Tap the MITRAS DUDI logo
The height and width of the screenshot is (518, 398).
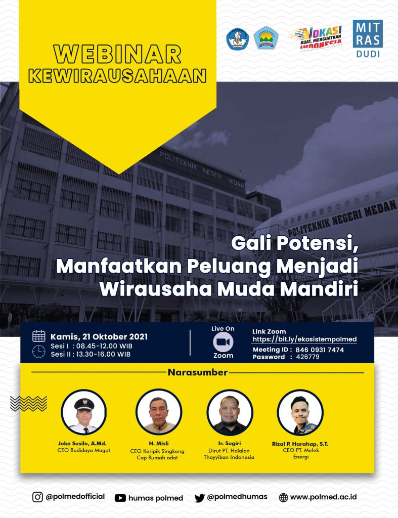coord(368,38)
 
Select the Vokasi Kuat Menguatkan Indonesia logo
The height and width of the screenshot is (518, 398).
coord(316,38)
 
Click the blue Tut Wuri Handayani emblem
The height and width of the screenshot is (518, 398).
coord(237,39)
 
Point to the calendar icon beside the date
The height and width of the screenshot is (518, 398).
coord(38,336)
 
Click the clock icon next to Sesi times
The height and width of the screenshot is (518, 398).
coord(38,352)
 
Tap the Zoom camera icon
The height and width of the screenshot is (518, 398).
coord(223,342)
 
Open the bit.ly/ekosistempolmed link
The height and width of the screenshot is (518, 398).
coord(304,339)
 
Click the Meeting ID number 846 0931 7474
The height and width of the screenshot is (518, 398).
coord(320,350)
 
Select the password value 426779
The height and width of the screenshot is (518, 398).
coord(307,357)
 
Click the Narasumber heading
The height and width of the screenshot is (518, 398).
coord(198,372)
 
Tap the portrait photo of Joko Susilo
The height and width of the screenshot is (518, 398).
coord(83,412)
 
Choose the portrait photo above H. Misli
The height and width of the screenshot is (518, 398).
coord(159,412)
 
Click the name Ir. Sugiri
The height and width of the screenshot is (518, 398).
coord(229,443)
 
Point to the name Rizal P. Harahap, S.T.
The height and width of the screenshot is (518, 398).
coord(300,444)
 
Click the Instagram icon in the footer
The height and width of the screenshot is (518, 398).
coord(37,497)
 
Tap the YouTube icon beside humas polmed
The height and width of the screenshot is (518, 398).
coord(120,498)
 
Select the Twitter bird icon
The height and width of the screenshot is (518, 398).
coord(199,498)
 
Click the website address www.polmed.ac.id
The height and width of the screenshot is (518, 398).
coord(323,497)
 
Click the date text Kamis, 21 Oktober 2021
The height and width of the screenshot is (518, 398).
coord(99,336)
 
